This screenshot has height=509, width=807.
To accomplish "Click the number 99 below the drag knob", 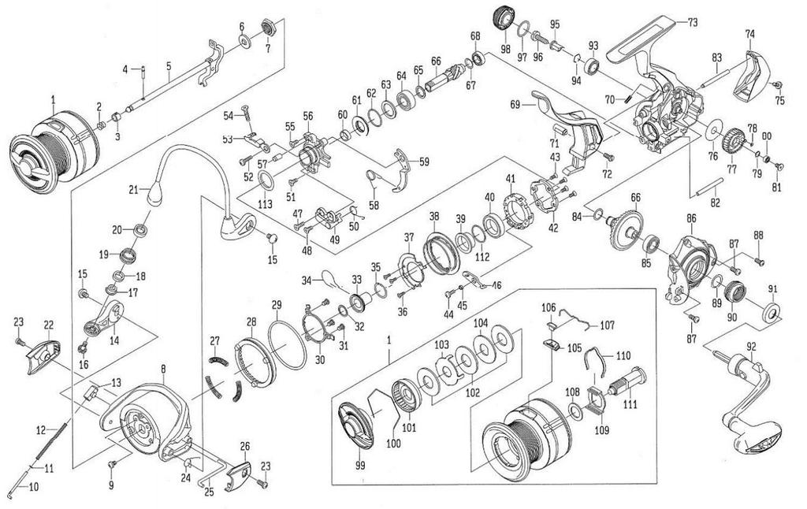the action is click(x=359, y=465).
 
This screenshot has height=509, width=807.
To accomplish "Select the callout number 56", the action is click(x=308, y=117).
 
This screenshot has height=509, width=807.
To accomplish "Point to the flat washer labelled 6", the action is click(x=245, y=41).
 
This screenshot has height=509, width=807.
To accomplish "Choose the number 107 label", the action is click(x=608, y=325).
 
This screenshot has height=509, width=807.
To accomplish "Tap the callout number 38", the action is click(x=435, y=216).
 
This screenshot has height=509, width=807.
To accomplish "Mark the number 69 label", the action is click(x=515, y=103).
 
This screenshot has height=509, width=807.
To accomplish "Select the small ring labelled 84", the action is click(x=599, y=214).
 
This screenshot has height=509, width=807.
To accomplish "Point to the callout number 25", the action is click(x=209, y=492).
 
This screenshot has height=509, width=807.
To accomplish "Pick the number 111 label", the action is click(x=630, y=405).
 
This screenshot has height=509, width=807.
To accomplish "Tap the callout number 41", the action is click(x=510, y=179).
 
